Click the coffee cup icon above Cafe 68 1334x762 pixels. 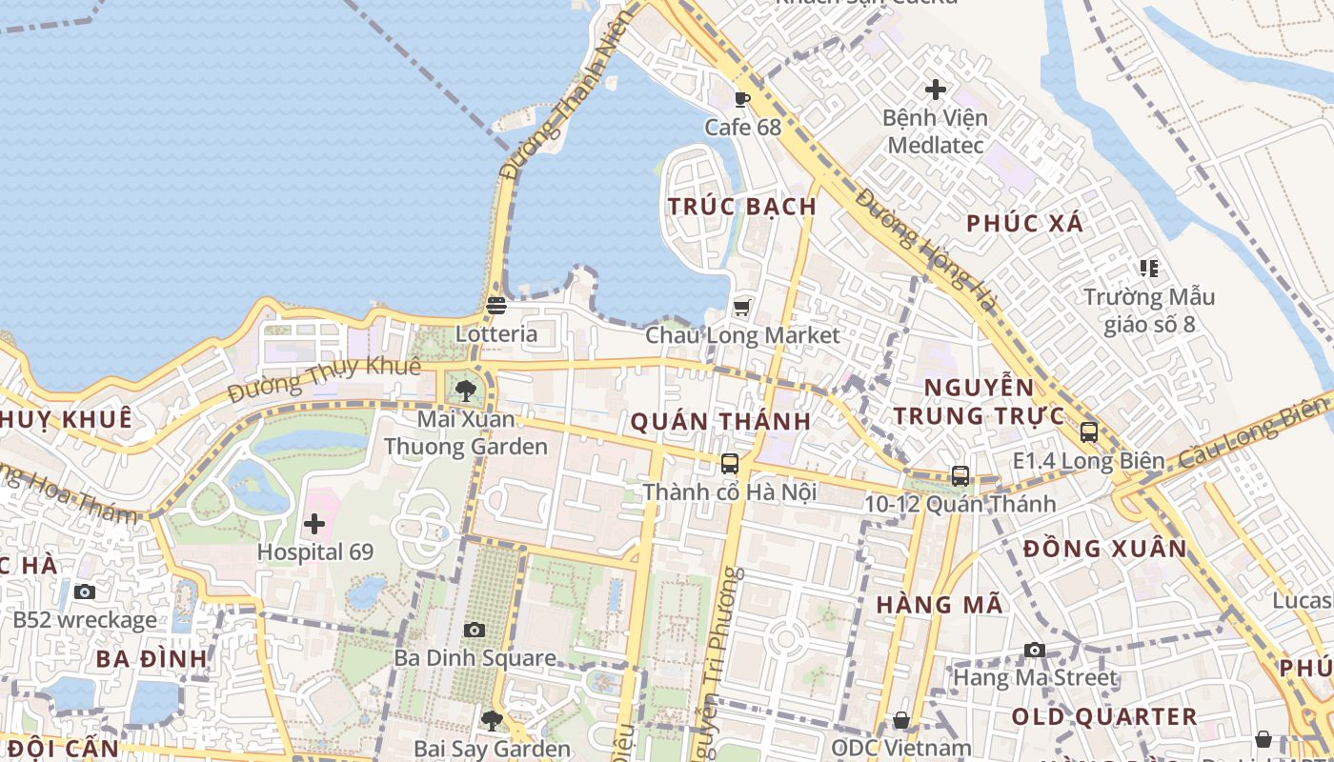pos(742,98)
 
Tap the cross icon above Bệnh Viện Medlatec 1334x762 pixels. pos(936,90)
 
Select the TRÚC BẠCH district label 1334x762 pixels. pos(742,207)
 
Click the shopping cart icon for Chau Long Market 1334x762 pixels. pos(742,307)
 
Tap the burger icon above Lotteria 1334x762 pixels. pos(495,306)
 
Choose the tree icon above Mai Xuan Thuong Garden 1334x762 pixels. pos(466,390)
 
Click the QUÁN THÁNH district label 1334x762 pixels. pos(720,421)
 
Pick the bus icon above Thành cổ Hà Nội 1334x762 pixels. pos(730,464)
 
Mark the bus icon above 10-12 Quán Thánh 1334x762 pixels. pos(960,475)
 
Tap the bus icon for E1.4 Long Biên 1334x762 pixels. pos(1089,431)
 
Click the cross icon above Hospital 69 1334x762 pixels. pos(314,524)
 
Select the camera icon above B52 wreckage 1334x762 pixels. pos(85,592)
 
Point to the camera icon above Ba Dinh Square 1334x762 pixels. pos(475,630)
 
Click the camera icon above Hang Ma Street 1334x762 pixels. pos(1035,651)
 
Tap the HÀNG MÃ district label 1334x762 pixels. pos(940,605)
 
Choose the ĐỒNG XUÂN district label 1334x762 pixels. pos(1105,549)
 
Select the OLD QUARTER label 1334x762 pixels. pos(1103,716)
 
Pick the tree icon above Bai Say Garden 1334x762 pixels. pos(492,721)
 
